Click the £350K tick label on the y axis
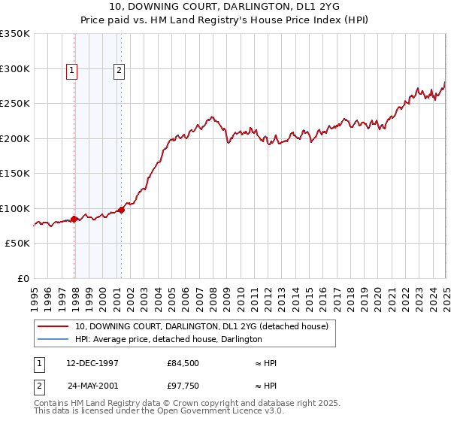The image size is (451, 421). [x=15, y=34]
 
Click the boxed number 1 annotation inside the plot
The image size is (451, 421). [x=71, y=71]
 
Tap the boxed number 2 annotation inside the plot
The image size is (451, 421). [x=120, y=71]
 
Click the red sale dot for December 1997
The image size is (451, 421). [x=74, y=220]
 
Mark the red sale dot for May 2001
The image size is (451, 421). [x=122, y=210]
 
